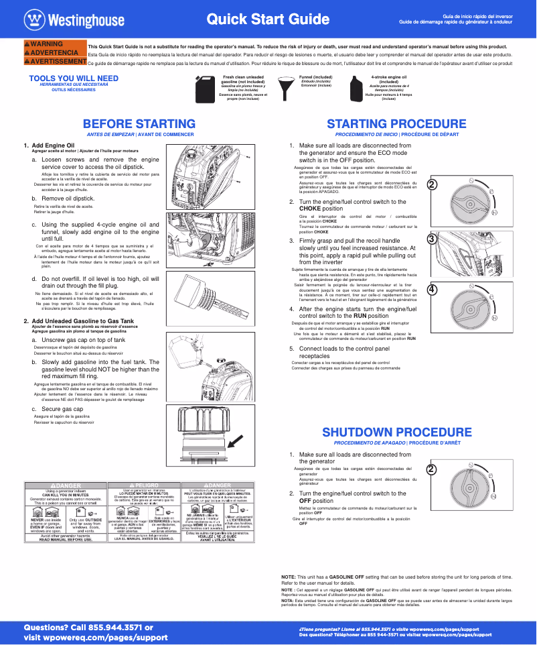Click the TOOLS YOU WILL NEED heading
[74, 78]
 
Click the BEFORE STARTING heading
[139, 124]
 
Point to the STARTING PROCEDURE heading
[396, 124]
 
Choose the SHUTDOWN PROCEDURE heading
[396, 432]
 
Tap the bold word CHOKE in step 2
[312, 209]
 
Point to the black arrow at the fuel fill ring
[235, 441]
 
